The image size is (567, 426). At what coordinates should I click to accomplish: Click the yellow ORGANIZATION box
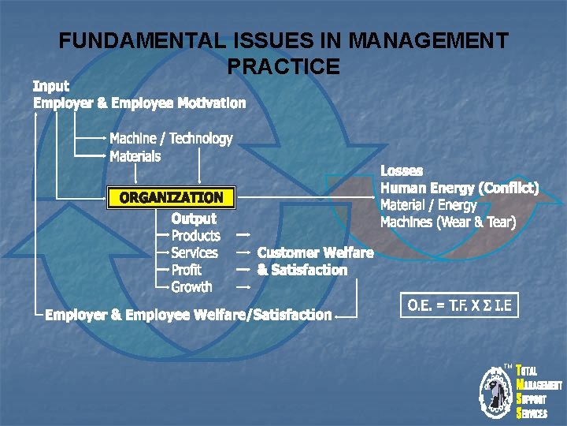coord(171,197)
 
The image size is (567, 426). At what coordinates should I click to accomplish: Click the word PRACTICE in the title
coord(283,66)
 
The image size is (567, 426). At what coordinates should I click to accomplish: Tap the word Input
coord(51,85)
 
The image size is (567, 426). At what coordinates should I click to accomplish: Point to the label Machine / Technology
coord(171,139)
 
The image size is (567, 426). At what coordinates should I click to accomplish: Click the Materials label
coord(135,156)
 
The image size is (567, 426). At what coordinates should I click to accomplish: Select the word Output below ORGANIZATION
coord(194,218)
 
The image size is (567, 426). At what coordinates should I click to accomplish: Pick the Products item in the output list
coord(196,235)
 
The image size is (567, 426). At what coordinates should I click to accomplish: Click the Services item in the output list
coord(195,252)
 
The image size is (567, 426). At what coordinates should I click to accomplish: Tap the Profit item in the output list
coord(187,270)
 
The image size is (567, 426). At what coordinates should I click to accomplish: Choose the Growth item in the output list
coord(191,287)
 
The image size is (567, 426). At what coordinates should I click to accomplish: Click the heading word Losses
coord(402,170)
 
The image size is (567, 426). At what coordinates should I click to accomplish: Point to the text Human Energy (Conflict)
coord(459,188)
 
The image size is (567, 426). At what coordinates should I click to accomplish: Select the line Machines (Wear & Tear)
coord(448,222)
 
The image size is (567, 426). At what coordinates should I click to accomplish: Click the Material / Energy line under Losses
coord(428,205)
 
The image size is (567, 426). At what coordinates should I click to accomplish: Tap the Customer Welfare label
coord(315,252)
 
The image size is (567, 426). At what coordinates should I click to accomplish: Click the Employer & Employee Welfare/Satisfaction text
coord(188,315)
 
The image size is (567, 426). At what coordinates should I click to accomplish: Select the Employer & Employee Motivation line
coord(139,103)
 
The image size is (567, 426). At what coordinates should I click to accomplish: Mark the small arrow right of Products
coord(244,234)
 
